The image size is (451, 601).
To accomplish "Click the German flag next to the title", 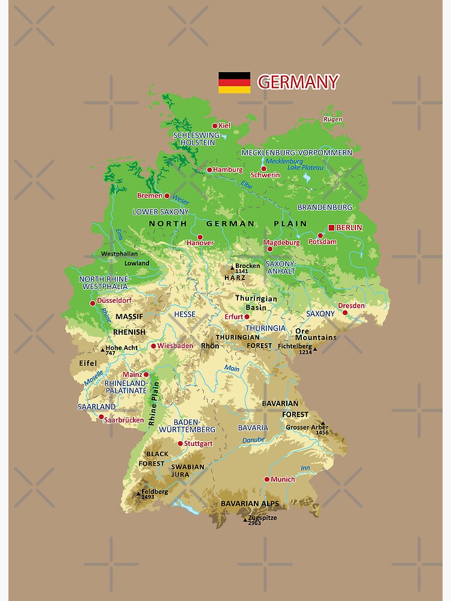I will [234, 82].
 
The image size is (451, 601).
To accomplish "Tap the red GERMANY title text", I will [298, 82].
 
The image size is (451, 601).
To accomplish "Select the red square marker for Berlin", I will [331, 227].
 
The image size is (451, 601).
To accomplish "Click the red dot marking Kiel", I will [215, 126].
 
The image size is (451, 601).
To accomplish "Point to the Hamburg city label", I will [228, 170].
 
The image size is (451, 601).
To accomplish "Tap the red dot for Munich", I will [267, 479].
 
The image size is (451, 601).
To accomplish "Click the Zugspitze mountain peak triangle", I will [245, 519].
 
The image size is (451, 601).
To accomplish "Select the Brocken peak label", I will [247, 266].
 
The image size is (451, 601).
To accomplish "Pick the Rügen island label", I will [333, 119].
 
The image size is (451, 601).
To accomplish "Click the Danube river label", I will [253, 440].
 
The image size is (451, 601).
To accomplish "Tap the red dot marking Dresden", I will [345, 313].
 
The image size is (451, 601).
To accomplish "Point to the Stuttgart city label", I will [198, 444].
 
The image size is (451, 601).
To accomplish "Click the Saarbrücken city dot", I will [101, 416].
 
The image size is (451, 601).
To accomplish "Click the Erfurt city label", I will [233, 317].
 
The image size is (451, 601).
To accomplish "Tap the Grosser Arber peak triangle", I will [322, 423].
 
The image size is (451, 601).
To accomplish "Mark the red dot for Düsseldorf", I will [93, 304].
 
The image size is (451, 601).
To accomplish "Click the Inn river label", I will [305, 468].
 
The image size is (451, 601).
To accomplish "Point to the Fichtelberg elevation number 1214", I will [305, 353].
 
